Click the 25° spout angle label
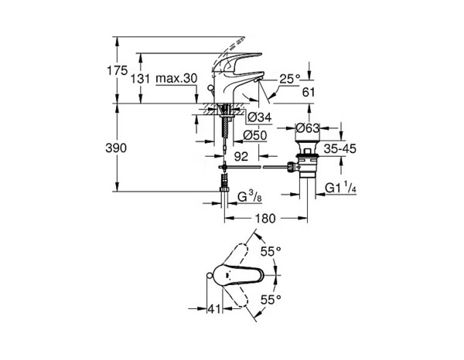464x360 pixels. (288, 79)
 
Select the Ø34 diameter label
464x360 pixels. (261, 117)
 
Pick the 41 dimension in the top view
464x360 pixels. (217, 308)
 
